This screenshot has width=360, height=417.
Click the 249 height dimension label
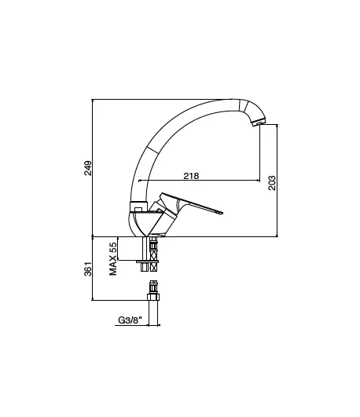click(87, 168)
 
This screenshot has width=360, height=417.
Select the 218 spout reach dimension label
click(191, 176)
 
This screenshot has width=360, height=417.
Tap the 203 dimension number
click(272, 183)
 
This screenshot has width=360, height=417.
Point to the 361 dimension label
click(88, 269)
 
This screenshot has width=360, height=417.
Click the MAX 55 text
click(113, 258)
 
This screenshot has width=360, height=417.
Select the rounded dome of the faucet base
click(138, 223)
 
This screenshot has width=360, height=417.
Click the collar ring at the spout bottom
click(138, 207)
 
